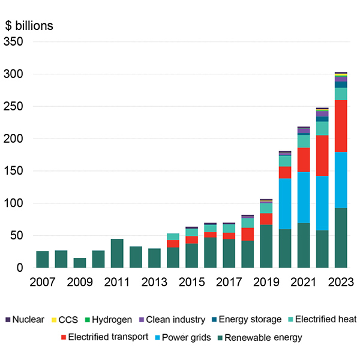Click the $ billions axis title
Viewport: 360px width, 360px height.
coord(29,26)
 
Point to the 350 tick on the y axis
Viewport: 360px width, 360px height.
coord(15,42)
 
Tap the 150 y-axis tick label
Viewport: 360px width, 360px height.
coord(15,171)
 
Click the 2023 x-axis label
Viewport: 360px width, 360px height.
coord(341,281)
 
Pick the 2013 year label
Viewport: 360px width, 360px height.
coord(155,281)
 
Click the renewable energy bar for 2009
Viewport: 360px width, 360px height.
coord(80,263)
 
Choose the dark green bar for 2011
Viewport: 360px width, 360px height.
coord(117,253)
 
